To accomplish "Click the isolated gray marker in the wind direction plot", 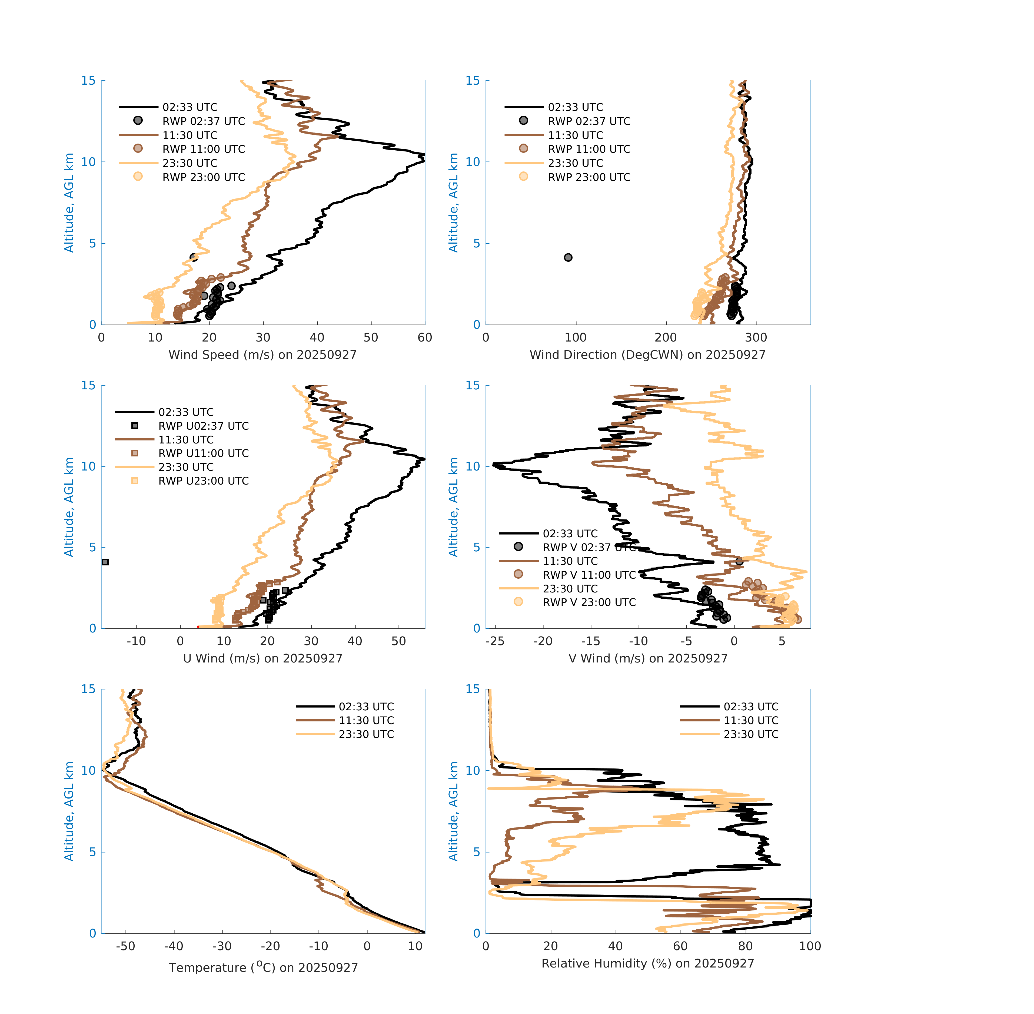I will pyautogui.click(x=568, y=257).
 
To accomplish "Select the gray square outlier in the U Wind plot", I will pyautogui.click(x=105, y=562).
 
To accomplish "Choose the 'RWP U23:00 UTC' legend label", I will pyautogui.click(x=203, y=481).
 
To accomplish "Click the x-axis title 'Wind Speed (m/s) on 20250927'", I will pyautogui.click(x=262, y=355).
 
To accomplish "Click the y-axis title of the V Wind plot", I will pyautogui.click(x=453, y=507).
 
